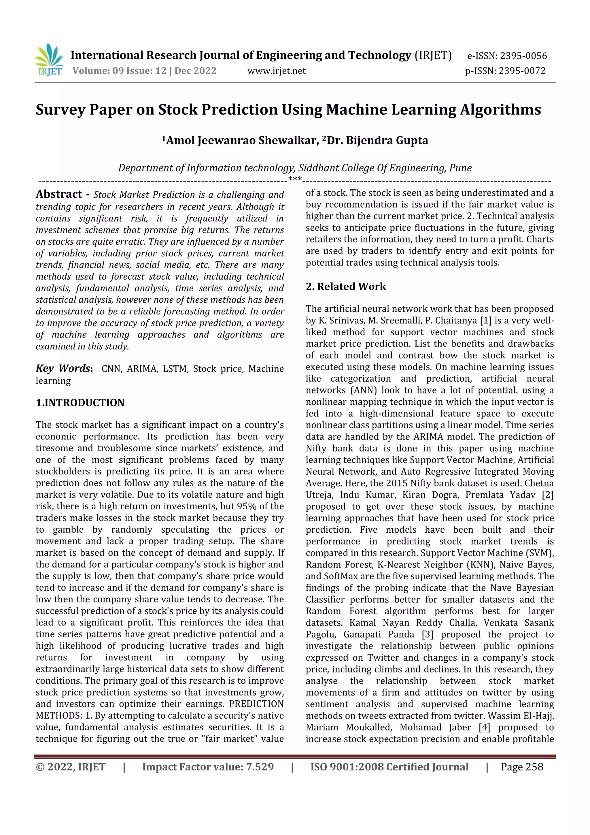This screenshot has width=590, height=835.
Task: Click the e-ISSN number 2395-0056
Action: click(x=523, y=56)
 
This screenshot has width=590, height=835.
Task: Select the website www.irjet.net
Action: click(x=276, y=71)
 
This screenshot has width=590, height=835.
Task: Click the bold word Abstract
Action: click(x=59, y=194)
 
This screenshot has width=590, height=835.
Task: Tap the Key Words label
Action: click(x=63, y=368)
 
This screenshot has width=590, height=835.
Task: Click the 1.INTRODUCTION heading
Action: click(x=80, y=403)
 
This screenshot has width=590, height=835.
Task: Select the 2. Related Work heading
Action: click(x=345, y=286)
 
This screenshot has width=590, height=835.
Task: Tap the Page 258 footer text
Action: click(x=522, y=767)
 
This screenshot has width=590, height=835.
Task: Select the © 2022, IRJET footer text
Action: click(x=71, y=767)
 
